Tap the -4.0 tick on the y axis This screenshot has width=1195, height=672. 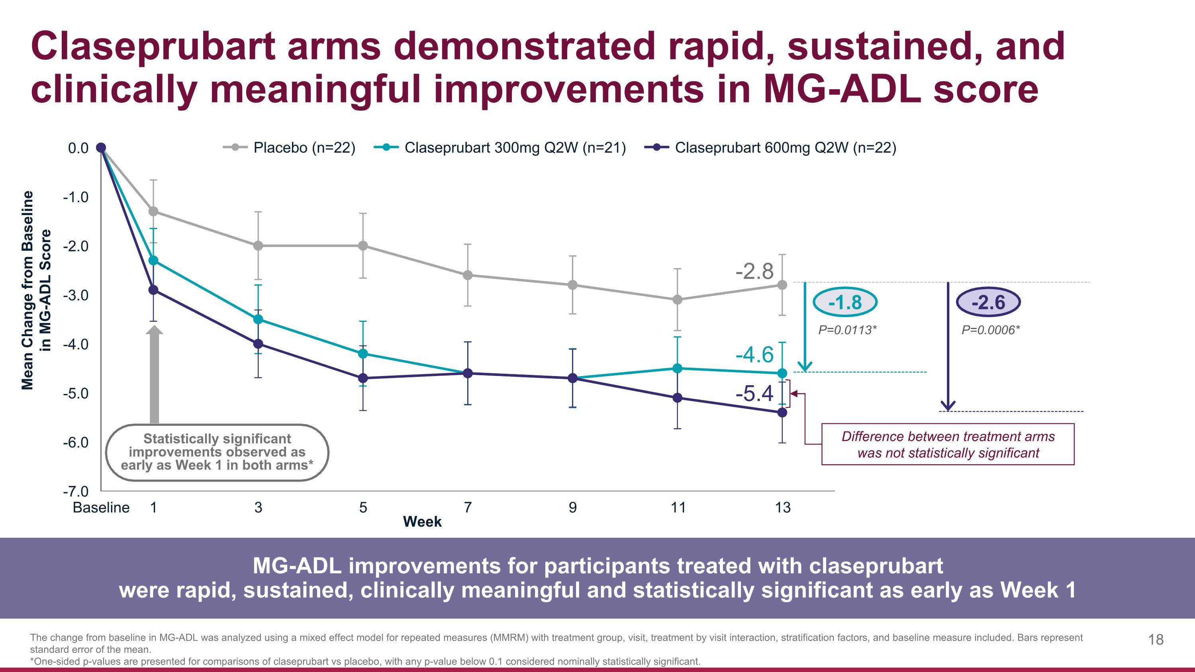click(76, 344)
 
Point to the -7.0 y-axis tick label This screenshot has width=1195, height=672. click(76, 491)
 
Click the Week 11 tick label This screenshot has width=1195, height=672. click(678, 507)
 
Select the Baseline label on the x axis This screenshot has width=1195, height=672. click(101, 507)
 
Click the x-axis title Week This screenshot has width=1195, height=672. click(422, 522)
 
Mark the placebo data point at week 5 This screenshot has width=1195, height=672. click(363, 246)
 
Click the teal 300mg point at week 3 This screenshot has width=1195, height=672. click(259, 319)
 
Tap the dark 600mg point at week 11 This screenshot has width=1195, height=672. click(677, 398)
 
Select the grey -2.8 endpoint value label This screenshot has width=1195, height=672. click(754, 271)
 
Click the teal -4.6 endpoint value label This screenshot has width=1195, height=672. click(754, 355)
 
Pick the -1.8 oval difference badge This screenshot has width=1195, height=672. click(845, 302)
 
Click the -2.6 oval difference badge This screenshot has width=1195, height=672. click(988, 302)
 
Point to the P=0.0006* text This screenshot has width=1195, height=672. click(990, 330)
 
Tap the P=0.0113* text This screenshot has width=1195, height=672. click(847, 330)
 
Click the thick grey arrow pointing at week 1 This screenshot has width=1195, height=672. click(155, 376)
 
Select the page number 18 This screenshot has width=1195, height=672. click(1156, 640)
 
